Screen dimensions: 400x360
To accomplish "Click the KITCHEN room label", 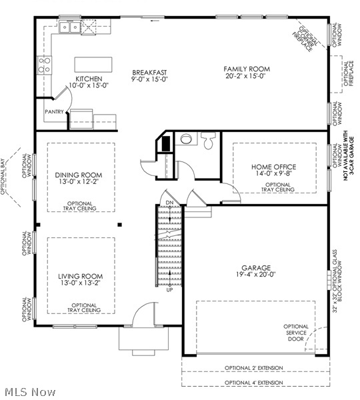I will pos(89,78).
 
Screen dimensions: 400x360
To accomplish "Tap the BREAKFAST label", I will pos(149,72).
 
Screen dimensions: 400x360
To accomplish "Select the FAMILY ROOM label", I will pos(246,69).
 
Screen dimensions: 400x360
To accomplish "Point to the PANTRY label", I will pos(55,112).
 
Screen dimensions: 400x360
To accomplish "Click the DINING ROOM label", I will pos(79,175).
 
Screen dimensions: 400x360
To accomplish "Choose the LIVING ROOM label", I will pos(79,276).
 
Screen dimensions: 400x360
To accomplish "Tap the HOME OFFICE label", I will pos(274,167).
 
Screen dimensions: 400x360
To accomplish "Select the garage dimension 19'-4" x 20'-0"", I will pos(256,275).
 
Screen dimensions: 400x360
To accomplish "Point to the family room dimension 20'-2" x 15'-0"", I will pos(246,76).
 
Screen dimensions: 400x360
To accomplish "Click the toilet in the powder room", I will pos(208,141).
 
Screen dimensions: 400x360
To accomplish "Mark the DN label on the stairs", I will pos(169,202).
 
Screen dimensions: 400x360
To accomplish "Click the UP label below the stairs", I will pos(169,290).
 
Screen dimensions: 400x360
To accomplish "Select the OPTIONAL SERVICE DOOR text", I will pos(296,333).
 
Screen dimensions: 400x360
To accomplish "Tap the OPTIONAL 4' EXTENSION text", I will pos(253,383).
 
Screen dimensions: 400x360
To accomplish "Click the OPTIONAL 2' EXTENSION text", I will pos(253,368).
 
